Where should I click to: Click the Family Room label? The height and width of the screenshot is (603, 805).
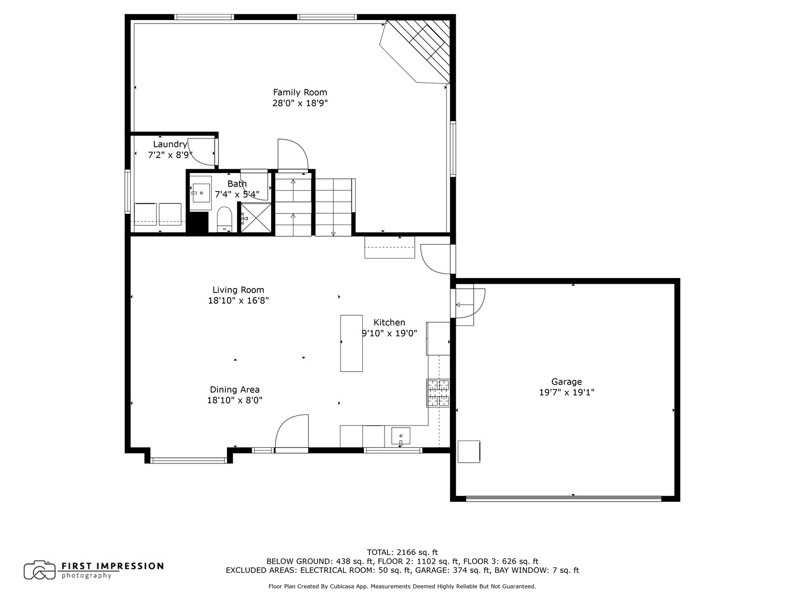(x=300, y=93)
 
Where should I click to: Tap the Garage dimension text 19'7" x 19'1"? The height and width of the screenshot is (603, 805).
(x=566, y=393)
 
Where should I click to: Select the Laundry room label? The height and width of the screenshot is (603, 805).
(x=170, y=145)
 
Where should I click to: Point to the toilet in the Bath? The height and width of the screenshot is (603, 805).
(x=224, y=219)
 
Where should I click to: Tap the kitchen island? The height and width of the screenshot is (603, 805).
(x=351, y=343)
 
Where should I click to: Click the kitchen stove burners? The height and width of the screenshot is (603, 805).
(x=438, y=393)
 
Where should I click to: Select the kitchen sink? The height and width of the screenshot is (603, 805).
(x=400, y=435)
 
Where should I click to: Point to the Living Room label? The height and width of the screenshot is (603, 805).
(x=238, y=290)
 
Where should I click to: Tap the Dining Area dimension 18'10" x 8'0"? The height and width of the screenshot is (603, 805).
(x=235, y=400)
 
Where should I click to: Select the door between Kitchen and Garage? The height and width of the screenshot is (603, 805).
(x=468, y=305)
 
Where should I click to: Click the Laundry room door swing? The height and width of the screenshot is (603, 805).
(x=201, y=150)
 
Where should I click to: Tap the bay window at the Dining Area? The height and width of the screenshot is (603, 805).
(x=190, y=460)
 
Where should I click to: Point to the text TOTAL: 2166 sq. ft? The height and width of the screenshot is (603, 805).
(x=402, y=552)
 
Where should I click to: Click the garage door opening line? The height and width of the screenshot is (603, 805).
(x=563, y=498)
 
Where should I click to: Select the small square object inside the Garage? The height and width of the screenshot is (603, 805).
(x=468, y=452)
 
